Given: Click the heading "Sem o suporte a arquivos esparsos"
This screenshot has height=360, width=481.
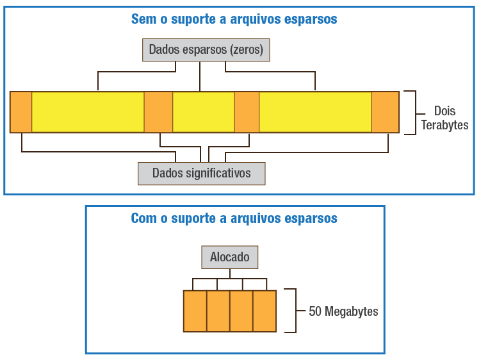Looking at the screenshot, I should (x=234, y=19).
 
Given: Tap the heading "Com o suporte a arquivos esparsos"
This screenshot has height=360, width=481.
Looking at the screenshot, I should (x=234, y=218).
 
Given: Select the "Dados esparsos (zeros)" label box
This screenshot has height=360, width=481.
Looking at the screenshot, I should (x=206, y=49).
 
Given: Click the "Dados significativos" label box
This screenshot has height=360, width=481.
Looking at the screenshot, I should (x=202, y=173).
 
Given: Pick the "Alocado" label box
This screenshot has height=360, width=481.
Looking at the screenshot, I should (x=230, y=258).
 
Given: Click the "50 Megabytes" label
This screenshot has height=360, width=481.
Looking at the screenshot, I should (x=343, y=312).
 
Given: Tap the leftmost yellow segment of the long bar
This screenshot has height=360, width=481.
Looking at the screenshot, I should (x=88, y=112).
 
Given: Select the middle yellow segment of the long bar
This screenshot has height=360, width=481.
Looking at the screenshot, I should (x=203, y=112).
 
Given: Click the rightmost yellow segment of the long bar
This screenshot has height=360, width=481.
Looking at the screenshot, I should (x=315, y=112).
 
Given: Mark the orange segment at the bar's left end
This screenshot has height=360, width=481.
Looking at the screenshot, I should (x=21, y=112).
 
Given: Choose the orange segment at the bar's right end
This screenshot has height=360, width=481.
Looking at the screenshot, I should (x=385, y=112).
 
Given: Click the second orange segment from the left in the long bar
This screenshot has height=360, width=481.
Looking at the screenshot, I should (x=158, y=112).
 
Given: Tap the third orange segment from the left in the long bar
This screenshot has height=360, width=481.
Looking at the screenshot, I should (x=247, y=112).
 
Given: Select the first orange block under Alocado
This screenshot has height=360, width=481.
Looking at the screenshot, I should (x=195, y=311).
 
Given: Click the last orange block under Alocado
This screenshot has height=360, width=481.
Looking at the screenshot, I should (x=265, y=311).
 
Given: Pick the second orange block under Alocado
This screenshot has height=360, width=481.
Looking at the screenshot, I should (x=218, y=311).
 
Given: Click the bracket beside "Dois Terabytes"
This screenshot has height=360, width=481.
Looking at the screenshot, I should (x=413, y=112).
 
